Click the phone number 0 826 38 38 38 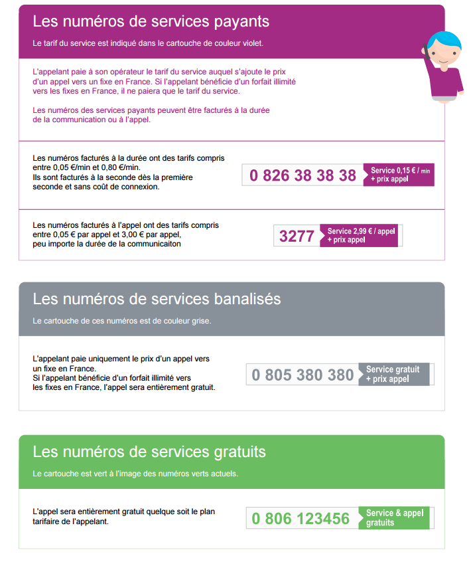(x=302, y=175)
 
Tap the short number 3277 (x=297, y=236)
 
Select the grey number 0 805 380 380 (x=302, y=375)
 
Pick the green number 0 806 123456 (x=301, y=519)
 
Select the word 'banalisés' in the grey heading (x=244, y=299)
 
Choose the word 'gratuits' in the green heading (x=233, y=452)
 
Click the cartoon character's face (x=440, y=52)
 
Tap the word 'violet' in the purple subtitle (x=251, y=43)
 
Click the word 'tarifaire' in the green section (x=48, y=521)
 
